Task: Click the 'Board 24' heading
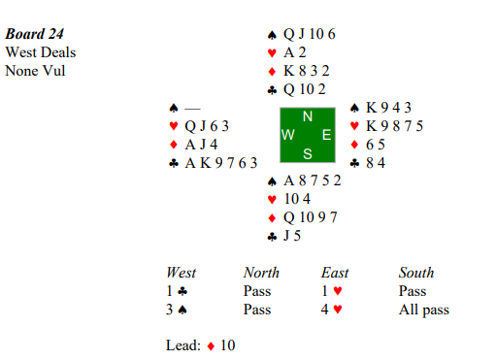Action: [x=34, y=34]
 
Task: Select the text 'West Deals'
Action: [x=41, y=52]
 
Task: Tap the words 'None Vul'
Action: [x=35, y=71]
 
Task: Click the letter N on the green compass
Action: [x=308, y=116]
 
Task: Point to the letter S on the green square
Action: [x=308, y=154]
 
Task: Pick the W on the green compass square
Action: [x=288, y=135]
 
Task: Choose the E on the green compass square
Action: [x=326, y=135]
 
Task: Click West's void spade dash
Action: [x=192, y=109]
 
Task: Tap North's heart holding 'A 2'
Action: [x=295, y=52]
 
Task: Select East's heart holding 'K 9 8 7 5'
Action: [x=394, y=126]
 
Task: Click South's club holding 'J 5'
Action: [x=292, y=236]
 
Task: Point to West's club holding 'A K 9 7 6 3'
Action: [x=221, y=163]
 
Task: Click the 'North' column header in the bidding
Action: [x=261, y=273]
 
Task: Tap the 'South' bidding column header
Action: [x=416, y=273]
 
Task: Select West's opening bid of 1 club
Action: [x=177, y=291]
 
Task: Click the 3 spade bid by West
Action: [x=177, y=310]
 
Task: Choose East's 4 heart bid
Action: [x=332, y=310]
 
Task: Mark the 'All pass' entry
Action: [x=424, y=310]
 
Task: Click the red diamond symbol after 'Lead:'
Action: [x=211, y=346]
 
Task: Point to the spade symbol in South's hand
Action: [x=272, y=181]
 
